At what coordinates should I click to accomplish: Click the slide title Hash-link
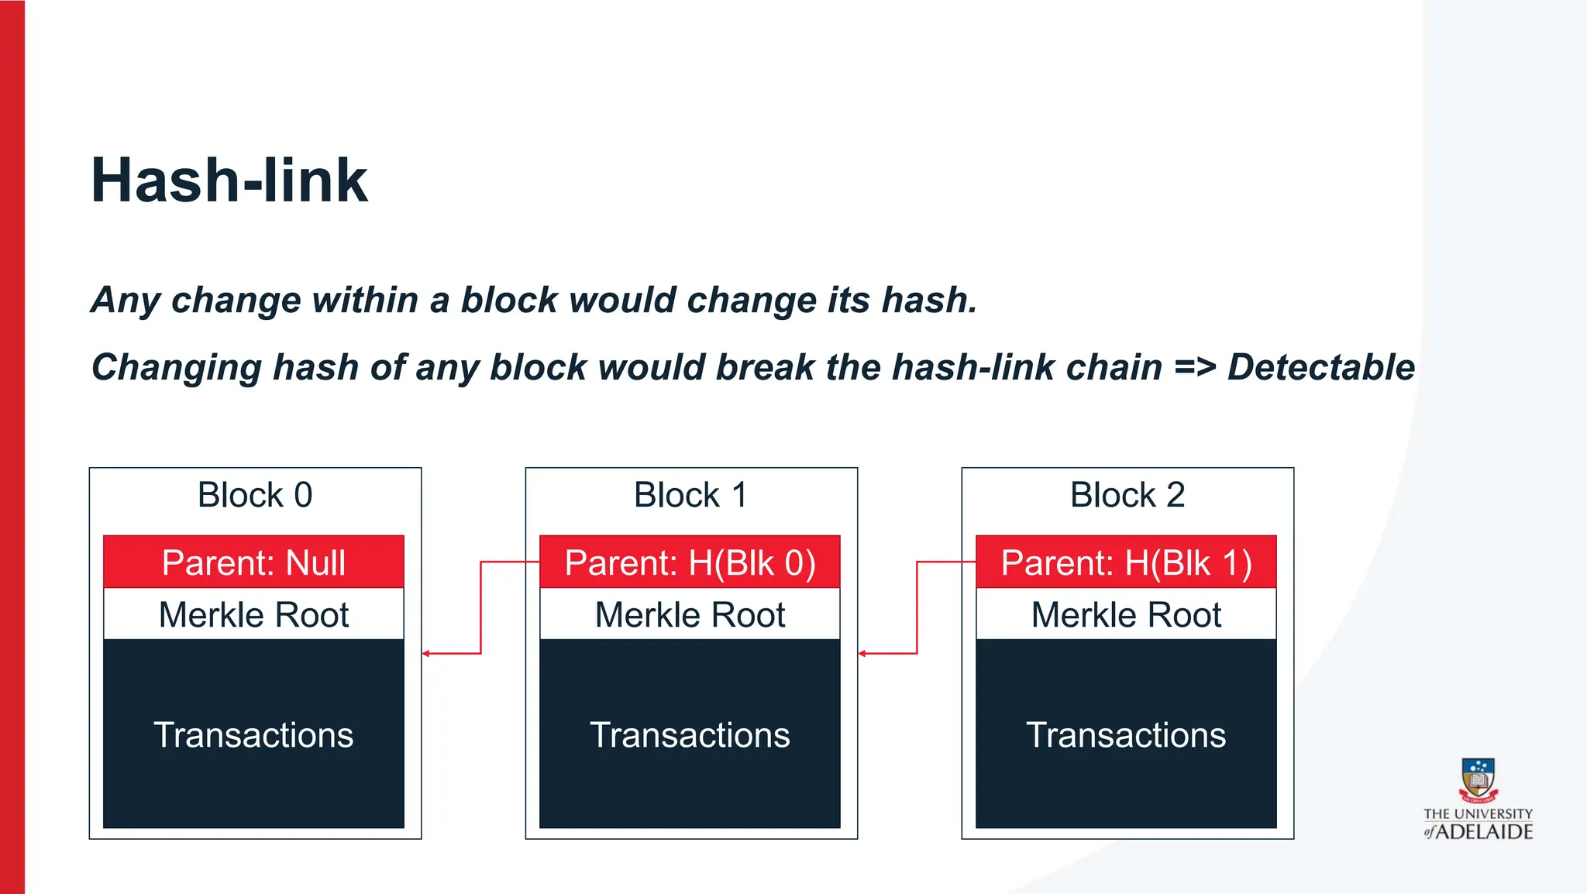tap(229, 181)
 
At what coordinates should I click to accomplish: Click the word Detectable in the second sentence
tap(1320, 367)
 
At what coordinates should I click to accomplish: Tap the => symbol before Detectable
tap(1194, 367)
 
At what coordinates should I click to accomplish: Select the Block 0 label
tap(255, 495)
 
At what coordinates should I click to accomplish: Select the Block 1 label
tap(690, 495)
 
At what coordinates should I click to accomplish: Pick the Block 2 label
tap(1127, 495)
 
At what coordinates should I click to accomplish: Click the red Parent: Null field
tap(253, 562)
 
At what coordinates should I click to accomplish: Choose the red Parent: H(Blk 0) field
tap(690, 562)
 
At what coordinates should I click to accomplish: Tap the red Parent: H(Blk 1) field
tap(1126, 562)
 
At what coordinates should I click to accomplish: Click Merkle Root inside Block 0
tap(253, 615)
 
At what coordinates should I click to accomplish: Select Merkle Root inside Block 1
tap(690, 615)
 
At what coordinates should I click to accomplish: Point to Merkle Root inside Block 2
tap(1126, 615)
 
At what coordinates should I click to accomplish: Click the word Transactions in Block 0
tap(253, 734)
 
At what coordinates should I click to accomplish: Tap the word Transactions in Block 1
tap(690, 734)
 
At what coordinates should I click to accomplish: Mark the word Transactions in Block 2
tap(1126, 734)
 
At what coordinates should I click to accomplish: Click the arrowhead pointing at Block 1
tap(862, 654)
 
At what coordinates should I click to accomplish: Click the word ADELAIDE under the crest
tap(1485, 832)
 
